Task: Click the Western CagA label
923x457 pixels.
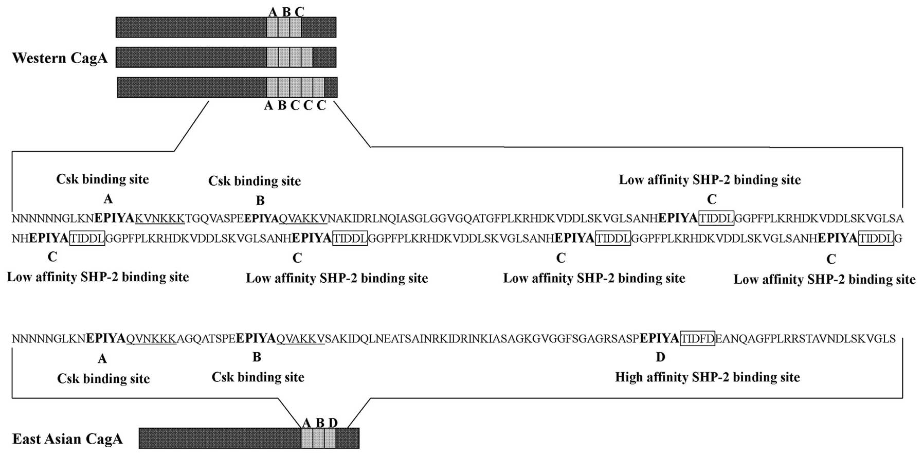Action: click(x=60, y=58)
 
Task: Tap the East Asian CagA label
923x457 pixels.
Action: click(x=67, y=439)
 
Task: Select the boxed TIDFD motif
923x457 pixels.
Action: click(x=697, y=339)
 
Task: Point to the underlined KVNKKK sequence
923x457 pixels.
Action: click(x=159, y=218)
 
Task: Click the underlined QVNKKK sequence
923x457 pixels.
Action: click(x=151, y=339)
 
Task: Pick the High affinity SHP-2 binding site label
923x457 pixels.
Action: click(x=707, y=377)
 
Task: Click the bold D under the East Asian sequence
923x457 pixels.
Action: click(x=660, y=357)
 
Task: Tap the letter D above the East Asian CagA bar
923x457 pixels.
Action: click(x=333, y=423)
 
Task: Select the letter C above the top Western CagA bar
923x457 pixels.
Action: click(x=299, y=11)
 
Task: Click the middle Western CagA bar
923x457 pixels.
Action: click(x=226, y=57)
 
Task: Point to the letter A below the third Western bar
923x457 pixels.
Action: click(x=268, y=106)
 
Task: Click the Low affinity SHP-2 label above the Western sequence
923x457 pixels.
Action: click(x=710, y=180)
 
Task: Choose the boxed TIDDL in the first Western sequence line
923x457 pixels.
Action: click(x=716, y=218)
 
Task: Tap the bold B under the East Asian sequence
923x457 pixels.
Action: click(x=257, y=357)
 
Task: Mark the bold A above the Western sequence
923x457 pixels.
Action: click(x=107, y=199)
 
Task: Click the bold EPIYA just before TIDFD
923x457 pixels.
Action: click(x=659, y=339)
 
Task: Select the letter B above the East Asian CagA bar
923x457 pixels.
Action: click(x=320, y=423)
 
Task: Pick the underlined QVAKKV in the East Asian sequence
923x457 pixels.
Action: click(x=300, y=339)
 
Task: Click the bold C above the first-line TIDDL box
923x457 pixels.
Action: click(x=712, y=199)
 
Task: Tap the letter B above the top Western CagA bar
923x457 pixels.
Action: click(x=286, y=11)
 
